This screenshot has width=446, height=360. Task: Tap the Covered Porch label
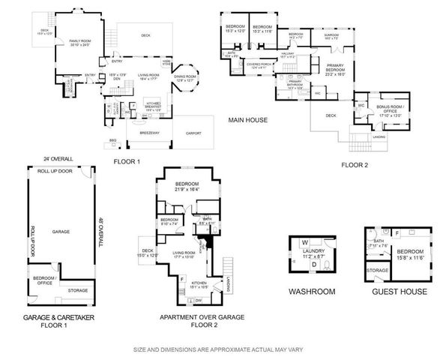pos(256,67)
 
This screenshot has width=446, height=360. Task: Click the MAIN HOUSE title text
pos(248,118)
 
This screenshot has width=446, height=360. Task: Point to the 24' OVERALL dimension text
pos(57,158)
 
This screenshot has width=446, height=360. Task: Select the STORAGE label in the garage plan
pos(77,289)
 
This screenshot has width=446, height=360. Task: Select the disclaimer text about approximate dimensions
pos(223,350)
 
